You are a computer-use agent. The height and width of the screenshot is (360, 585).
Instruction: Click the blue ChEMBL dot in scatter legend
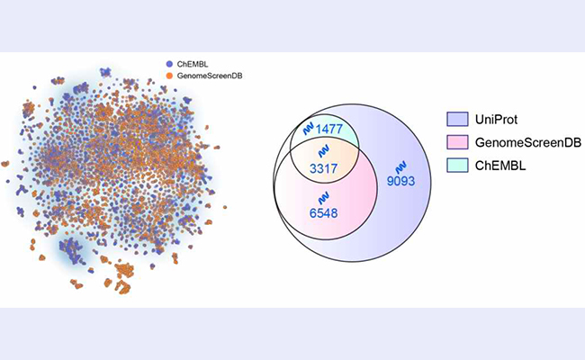tap(169, 63)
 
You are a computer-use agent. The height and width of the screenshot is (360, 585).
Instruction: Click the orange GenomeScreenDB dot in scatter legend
tap(169, 75)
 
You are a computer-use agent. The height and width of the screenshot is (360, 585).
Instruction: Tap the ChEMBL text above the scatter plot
tap(190, 63)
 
